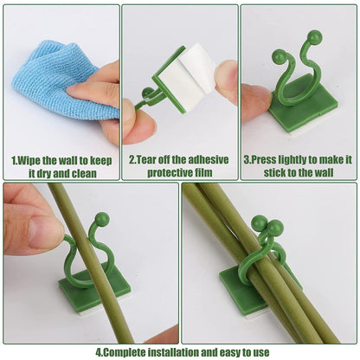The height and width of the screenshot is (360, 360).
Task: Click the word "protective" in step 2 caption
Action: click(158, 172)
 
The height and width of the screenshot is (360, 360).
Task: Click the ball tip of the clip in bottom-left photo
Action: click(102, 219)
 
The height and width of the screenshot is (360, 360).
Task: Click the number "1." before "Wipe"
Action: click(15, 159)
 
